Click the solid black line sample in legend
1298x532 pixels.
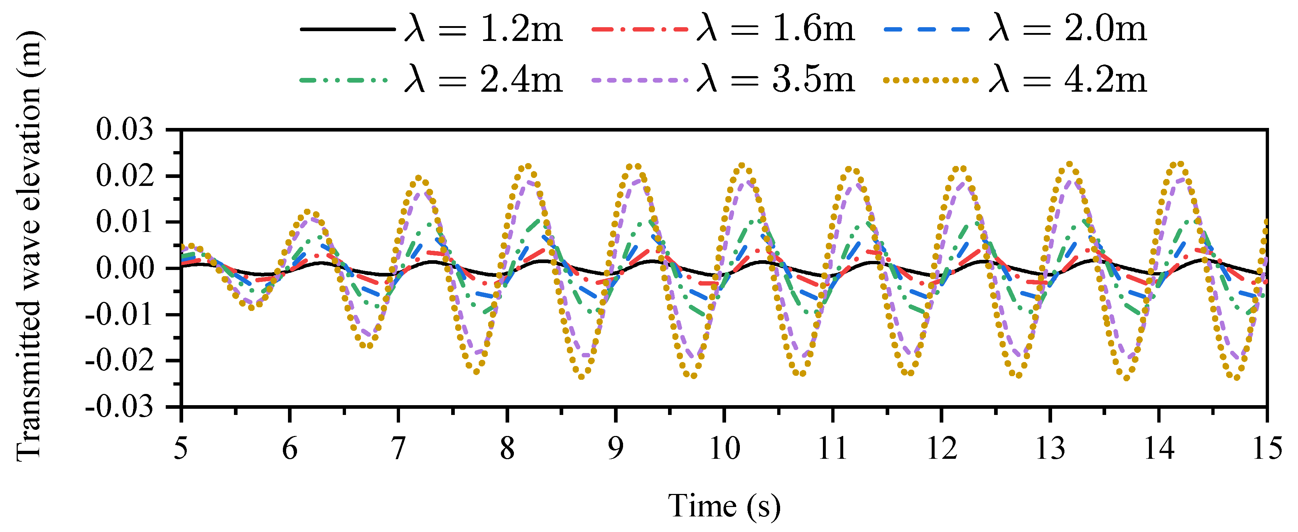coord(348,29)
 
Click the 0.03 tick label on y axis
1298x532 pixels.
coord(124,130)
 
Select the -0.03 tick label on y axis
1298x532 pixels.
coord(119,407)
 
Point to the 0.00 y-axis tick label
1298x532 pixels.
coord(124,268)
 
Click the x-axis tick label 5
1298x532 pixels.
coord(181,448)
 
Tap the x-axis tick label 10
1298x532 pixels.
coord(725,448)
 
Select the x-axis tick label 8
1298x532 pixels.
coord(507,448)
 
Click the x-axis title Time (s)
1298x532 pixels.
coord(724,506)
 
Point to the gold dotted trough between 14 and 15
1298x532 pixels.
coord(1236,377)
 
